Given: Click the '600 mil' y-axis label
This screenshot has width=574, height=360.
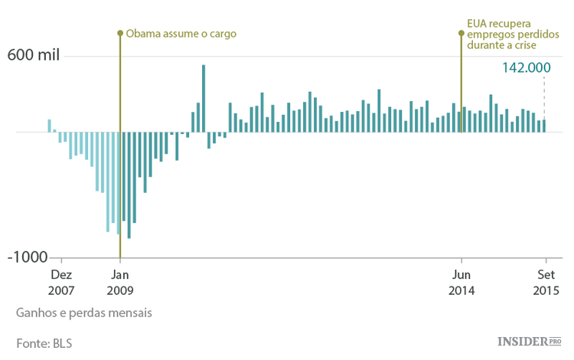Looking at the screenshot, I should [x=33, y=55].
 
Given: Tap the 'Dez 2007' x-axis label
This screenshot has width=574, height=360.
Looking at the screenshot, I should [x=61, y=283].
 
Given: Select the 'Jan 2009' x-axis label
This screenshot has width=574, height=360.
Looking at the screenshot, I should [x=119, y=283].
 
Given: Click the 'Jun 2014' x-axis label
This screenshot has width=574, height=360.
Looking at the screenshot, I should [x=461, y=283].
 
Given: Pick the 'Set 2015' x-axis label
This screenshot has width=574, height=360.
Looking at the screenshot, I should [x=546, y=283].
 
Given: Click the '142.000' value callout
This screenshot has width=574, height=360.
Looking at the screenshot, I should [x=527, y=67].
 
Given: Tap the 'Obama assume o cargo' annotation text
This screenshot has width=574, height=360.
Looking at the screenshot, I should [x=181, y=34].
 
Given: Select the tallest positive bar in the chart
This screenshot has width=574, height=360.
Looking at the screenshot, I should [x=203, y=98].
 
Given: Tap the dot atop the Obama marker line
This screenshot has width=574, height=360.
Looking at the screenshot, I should [x=119, y=33].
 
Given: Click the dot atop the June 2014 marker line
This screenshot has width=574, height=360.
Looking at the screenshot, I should [x=461, y=33].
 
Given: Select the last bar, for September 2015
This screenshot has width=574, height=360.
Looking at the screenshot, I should [x=544, y=126].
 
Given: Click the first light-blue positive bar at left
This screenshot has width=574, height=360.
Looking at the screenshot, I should [x=49, y=126].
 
